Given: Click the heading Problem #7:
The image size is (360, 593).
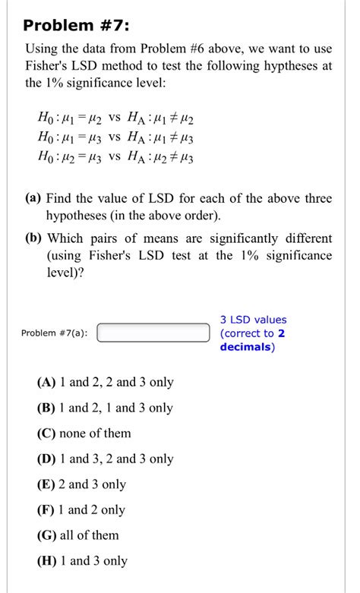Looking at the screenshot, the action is coord(76,27).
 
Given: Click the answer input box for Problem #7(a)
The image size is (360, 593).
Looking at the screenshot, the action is coord(153,333).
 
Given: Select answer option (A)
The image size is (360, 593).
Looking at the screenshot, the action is coord(105,383).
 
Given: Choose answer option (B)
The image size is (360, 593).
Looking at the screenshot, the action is coord(105,408).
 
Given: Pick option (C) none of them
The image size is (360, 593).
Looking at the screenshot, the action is coord(84,434).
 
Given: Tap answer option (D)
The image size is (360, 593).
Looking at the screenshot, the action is coord(105,459).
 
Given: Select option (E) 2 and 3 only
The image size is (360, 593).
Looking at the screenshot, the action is coord(81,484).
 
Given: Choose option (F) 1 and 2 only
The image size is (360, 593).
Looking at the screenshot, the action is coord(81,509).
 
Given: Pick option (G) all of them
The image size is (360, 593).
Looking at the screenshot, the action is coord(77,535).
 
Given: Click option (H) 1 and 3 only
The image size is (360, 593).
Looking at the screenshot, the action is coord(81,561).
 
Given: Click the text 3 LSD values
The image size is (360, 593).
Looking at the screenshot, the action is coord(254,320).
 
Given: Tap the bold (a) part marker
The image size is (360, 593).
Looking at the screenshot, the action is coord(33,199).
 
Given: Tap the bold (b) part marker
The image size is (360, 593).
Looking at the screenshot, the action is coord(34,238).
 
